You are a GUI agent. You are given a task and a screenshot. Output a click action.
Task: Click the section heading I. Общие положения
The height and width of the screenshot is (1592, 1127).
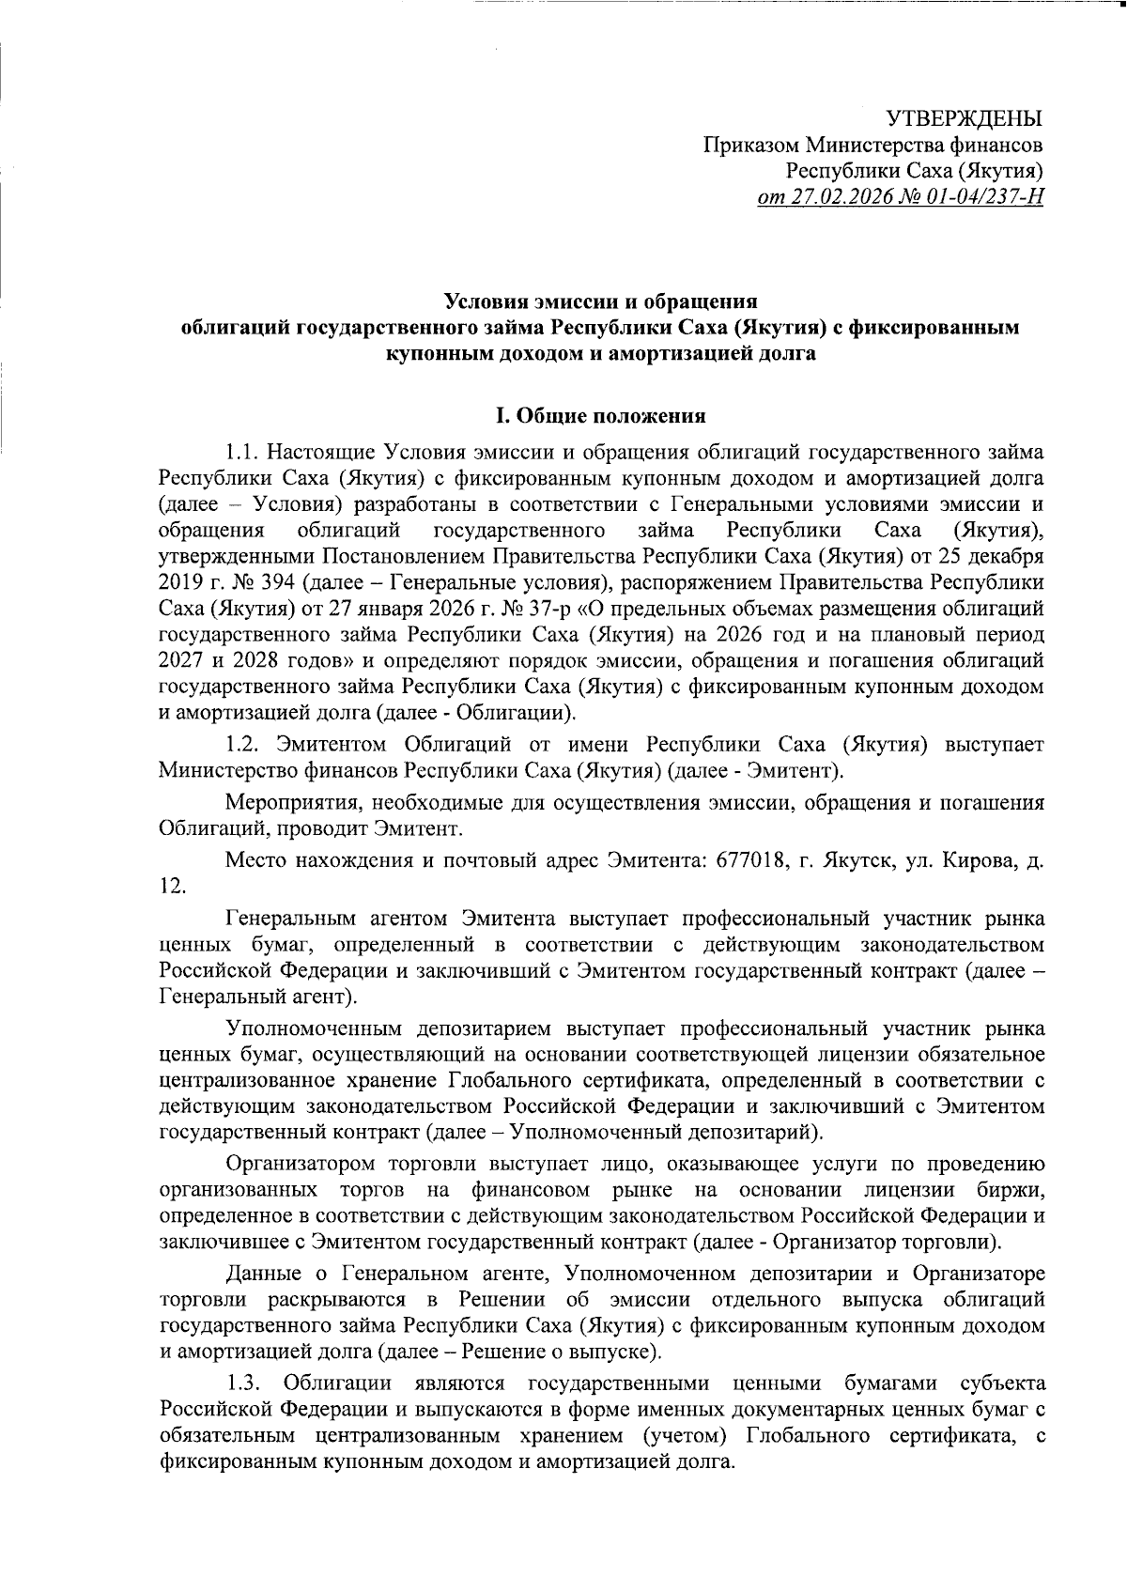pos(601,414)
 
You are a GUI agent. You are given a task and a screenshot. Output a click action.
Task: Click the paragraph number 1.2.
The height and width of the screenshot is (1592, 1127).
pos(243,745)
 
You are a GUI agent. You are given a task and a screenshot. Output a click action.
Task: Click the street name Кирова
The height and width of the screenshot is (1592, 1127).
pos(971,860)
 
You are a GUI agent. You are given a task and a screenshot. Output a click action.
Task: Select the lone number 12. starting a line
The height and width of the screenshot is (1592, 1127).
pos(172,887)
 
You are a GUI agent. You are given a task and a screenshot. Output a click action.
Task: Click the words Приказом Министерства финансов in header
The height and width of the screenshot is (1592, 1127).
pos(873,147)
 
